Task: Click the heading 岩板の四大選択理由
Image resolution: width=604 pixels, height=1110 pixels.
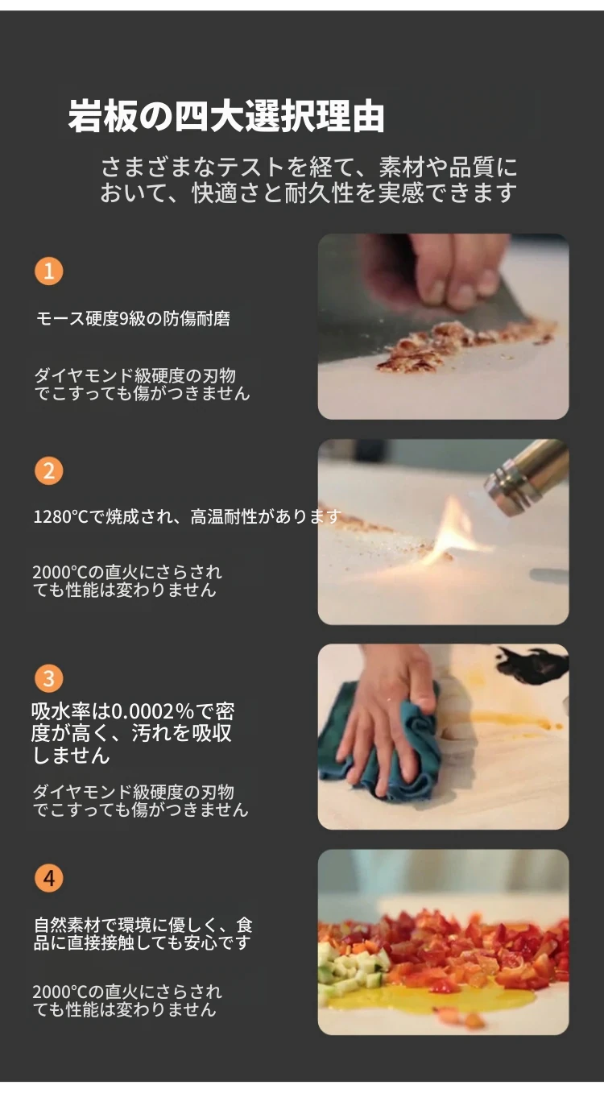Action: click(226, 117)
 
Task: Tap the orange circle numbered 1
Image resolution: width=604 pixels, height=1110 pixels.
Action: click(48, 271)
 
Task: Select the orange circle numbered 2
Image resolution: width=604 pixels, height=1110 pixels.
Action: click(48, 470)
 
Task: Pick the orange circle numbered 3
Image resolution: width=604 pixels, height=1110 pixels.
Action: click(48, 678)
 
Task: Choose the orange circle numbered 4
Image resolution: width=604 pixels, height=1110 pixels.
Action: click(48, 878)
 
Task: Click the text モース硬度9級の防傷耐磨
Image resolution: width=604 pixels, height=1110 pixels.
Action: click(134, 319)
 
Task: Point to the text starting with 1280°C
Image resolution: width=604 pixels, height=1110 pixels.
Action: click(187, 517)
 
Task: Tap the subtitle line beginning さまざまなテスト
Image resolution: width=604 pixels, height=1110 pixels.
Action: click(308, 168)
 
